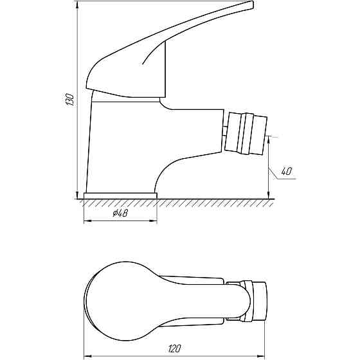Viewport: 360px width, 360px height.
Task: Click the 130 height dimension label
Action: (71, 100)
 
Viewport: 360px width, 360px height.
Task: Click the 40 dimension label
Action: (287, 171)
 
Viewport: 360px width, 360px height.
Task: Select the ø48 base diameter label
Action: (120, 214)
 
